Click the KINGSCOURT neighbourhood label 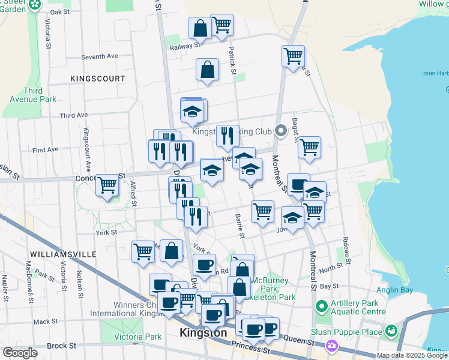pyautogui.click(x=98, y=79)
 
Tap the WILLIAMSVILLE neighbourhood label pyautogui.click(x=62, y=254)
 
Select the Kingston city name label pyautogui.click(x=203, y=332)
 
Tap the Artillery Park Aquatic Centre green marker pyautogui.click(x=321, y=307)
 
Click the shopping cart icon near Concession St pyautogui.click(x=107, y=185)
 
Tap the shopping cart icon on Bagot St pyautogui.click(x=309, y=148)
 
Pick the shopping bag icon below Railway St pyautogui.click(x=206, y=70)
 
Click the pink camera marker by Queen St pyautogui.click(x=332, y=346)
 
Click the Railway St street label pyautogui.click(x=184, y=46)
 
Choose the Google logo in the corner pyautogui.click(x=20, y=353)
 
